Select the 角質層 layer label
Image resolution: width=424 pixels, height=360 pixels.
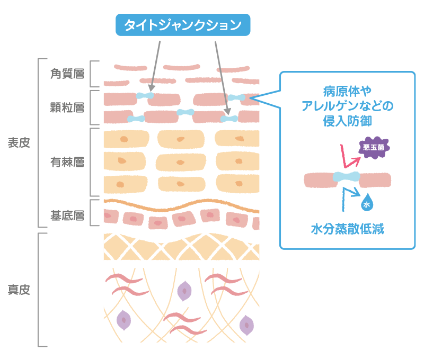tap(67, 74)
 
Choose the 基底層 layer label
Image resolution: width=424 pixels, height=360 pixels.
tap(67, 215)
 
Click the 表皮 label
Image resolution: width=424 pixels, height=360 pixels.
tap(19, 143)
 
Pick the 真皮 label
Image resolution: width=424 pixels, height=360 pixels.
tap(19, 290)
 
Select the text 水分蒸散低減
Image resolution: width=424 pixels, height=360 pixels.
tap(347, 229)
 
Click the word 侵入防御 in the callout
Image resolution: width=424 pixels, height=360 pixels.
tap(347, 121)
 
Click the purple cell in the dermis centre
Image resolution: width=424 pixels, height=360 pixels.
tap(184, 290)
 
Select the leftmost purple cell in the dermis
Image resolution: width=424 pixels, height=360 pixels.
tap(123, 319)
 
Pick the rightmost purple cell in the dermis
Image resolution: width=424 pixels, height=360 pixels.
tap(246, 325)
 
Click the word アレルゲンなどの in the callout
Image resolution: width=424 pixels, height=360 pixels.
tap(347, 106)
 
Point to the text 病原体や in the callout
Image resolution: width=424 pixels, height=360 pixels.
tap(347, 91)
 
